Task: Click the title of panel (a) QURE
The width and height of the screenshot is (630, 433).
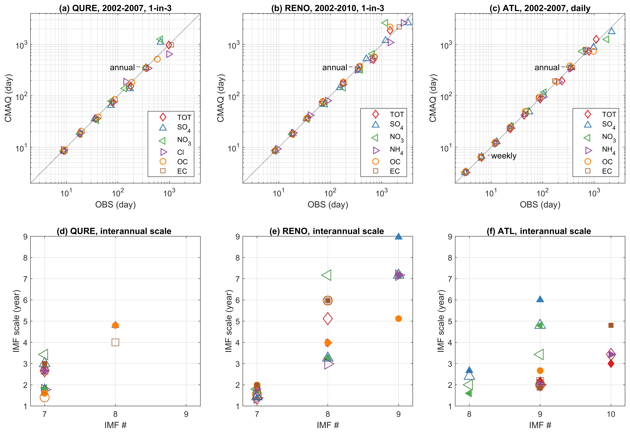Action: tap(115, 8)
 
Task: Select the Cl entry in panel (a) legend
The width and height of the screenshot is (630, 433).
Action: tap(180, 152)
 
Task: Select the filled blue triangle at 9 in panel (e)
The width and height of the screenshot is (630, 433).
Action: tap(398, 236)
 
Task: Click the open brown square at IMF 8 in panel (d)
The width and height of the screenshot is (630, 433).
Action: tap(115, 342)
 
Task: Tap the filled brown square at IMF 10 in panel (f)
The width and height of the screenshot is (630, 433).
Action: tap(611, 325)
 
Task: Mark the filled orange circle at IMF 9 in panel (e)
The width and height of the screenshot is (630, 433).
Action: tap(398, 318)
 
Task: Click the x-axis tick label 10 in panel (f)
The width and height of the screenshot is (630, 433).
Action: tap(611, 414)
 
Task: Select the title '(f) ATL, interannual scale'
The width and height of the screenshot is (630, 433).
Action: tap(540, 231)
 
